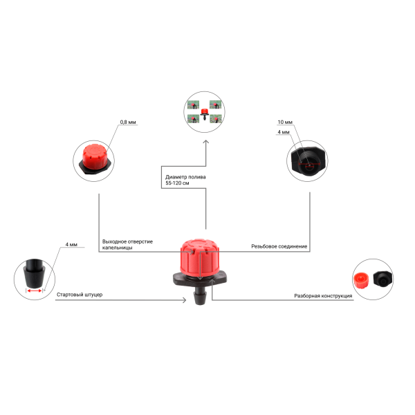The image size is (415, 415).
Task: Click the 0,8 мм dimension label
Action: [x=128, y=122]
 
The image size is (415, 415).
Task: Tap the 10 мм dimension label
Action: [x=285, y=122]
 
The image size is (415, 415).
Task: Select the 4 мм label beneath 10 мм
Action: [x=284, y=132]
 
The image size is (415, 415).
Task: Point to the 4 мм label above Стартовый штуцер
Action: [x=71, y=244]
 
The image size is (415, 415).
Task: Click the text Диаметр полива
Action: [x=185, y=177]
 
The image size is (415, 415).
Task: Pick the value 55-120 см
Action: [x=177, y=183]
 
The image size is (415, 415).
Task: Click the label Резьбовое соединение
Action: [x=279, y=246]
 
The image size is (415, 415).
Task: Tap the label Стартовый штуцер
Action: [x=80, y=295]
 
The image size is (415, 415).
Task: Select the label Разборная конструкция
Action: [x=323, y=295]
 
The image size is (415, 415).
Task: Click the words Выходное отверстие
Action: [x=127, y=241]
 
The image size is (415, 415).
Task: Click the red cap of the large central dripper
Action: [x=200, y=256]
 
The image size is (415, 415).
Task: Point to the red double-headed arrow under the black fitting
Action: [x=35, y=291]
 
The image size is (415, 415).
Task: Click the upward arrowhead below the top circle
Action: [x=206, y=142]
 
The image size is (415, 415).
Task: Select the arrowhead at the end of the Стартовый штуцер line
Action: [x=184, y=300]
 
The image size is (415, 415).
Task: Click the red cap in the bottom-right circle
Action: [x=362, y=281]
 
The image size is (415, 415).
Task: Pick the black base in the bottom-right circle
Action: [x=382, y=279]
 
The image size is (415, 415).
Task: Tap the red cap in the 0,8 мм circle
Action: [x=95, y=157]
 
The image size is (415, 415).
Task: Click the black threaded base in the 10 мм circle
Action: [x=308, y=160]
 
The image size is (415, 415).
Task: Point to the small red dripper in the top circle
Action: [x=204, y=114]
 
